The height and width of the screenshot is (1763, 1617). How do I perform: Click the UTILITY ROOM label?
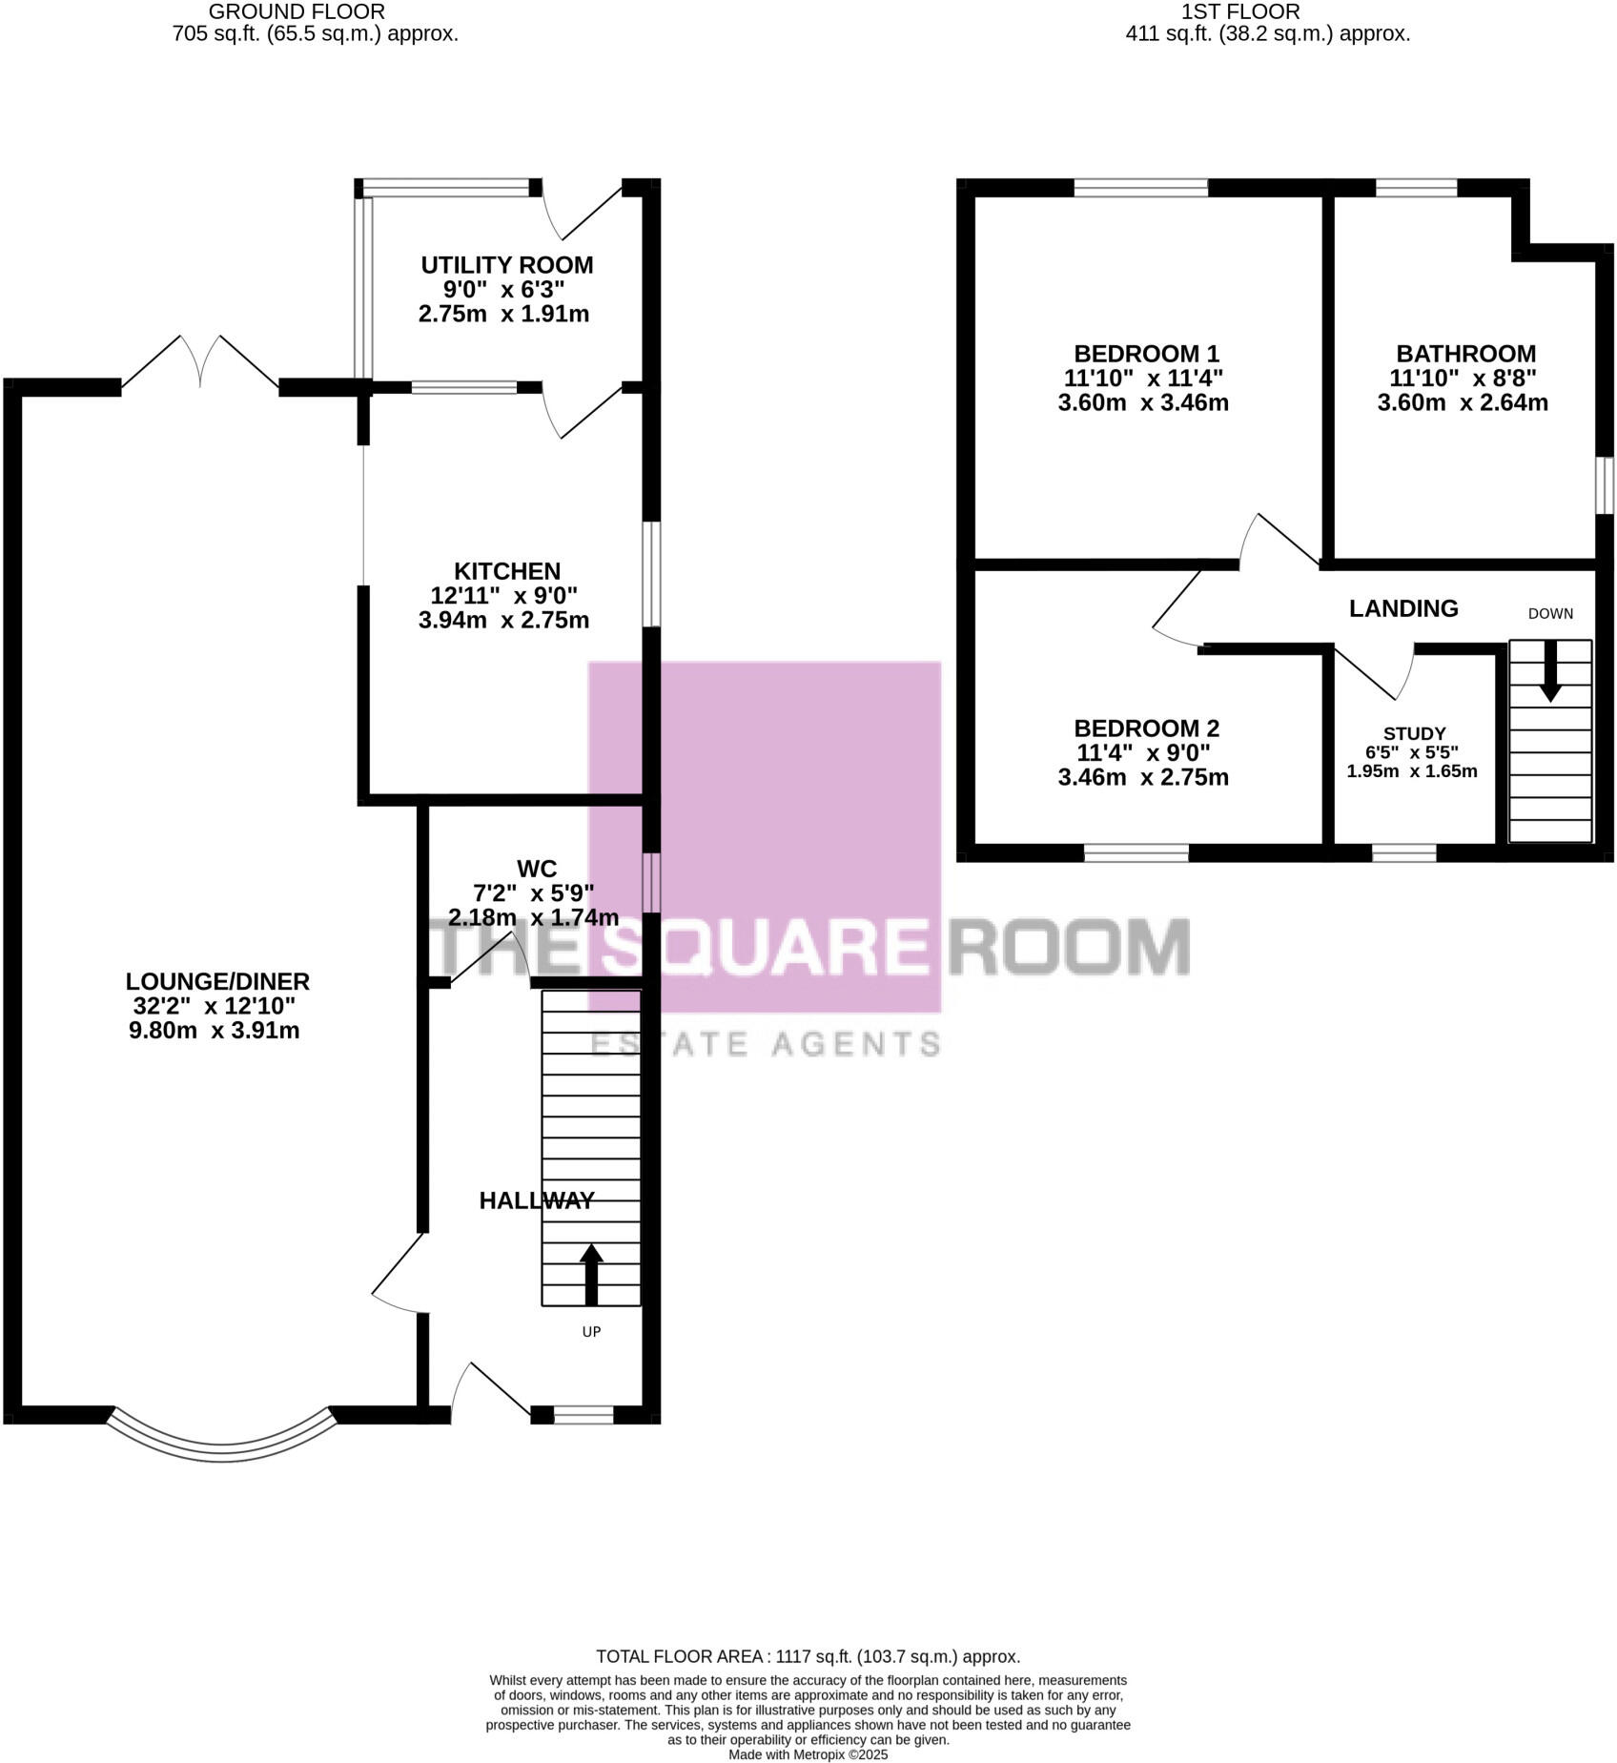(506, 265)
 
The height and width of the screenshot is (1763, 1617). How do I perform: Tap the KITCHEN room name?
(506, 571)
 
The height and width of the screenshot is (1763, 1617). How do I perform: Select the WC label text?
(536, 869)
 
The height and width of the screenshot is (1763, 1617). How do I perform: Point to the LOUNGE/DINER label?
(217, 981)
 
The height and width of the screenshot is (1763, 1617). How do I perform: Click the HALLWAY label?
(536, 1200)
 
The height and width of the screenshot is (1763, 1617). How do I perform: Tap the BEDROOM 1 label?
(1146, 354)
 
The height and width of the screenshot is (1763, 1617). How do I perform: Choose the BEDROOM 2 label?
(1146, 728)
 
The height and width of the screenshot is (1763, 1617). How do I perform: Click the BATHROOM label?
(1465, 354)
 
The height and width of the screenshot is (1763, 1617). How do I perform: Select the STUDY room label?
(1414, 733)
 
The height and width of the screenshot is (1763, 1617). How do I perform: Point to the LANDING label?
(1402, 608)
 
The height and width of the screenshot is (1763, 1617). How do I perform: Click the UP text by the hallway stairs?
(591, 1331)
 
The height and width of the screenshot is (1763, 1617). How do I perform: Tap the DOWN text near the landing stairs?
(1550, 613)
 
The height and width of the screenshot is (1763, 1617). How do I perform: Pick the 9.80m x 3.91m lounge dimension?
(215, 1031)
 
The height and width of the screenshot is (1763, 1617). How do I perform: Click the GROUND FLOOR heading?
(297, 12)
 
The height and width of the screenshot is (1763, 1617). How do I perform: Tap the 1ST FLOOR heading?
(1239, 12)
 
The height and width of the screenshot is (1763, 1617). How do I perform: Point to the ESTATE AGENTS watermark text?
(766, 1044)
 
